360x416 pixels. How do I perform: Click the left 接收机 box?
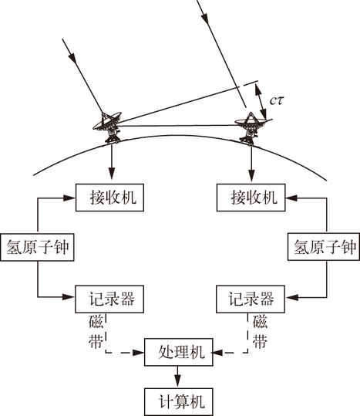[x=109, y=198]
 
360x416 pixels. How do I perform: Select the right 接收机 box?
[x=251, y=198]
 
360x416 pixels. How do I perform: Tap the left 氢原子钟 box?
[x=37, y=247]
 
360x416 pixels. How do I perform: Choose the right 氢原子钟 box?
[x=324, y=247]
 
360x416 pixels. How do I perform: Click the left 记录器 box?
[x=109, y=299]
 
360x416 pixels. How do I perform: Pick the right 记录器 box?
[x=251, y=299]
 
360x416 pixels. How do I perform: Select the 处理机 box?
[x=179, y=352]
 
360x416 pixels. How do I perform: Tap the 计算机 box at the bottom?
[x=179, y=401]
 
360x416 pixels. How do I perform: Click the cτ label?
[x=277, y=100]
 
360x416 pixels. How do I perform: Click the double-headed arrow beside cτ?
[x=261, y=101]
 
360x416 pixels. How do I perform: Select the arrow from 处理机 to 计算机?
[x=178, y=377]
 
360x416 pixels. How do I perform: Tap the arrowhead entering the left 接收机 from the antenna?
[x=112, y=175]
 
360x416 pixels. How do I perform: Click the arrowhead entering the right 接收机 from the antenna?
[x=251, y=175]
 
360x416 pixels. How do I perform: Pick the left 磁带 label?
[x=96, y=332]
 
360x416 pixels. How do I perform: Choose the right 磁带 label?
[x=260, y=332]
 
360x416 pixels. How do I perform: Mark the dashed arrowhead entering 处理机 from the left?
[x=138, y=352]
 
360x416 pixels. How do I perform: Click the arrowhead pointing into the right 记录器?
[x=292, y=297]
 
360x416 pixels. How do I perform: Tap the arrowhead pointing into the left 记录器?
[x=69, y=296]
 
